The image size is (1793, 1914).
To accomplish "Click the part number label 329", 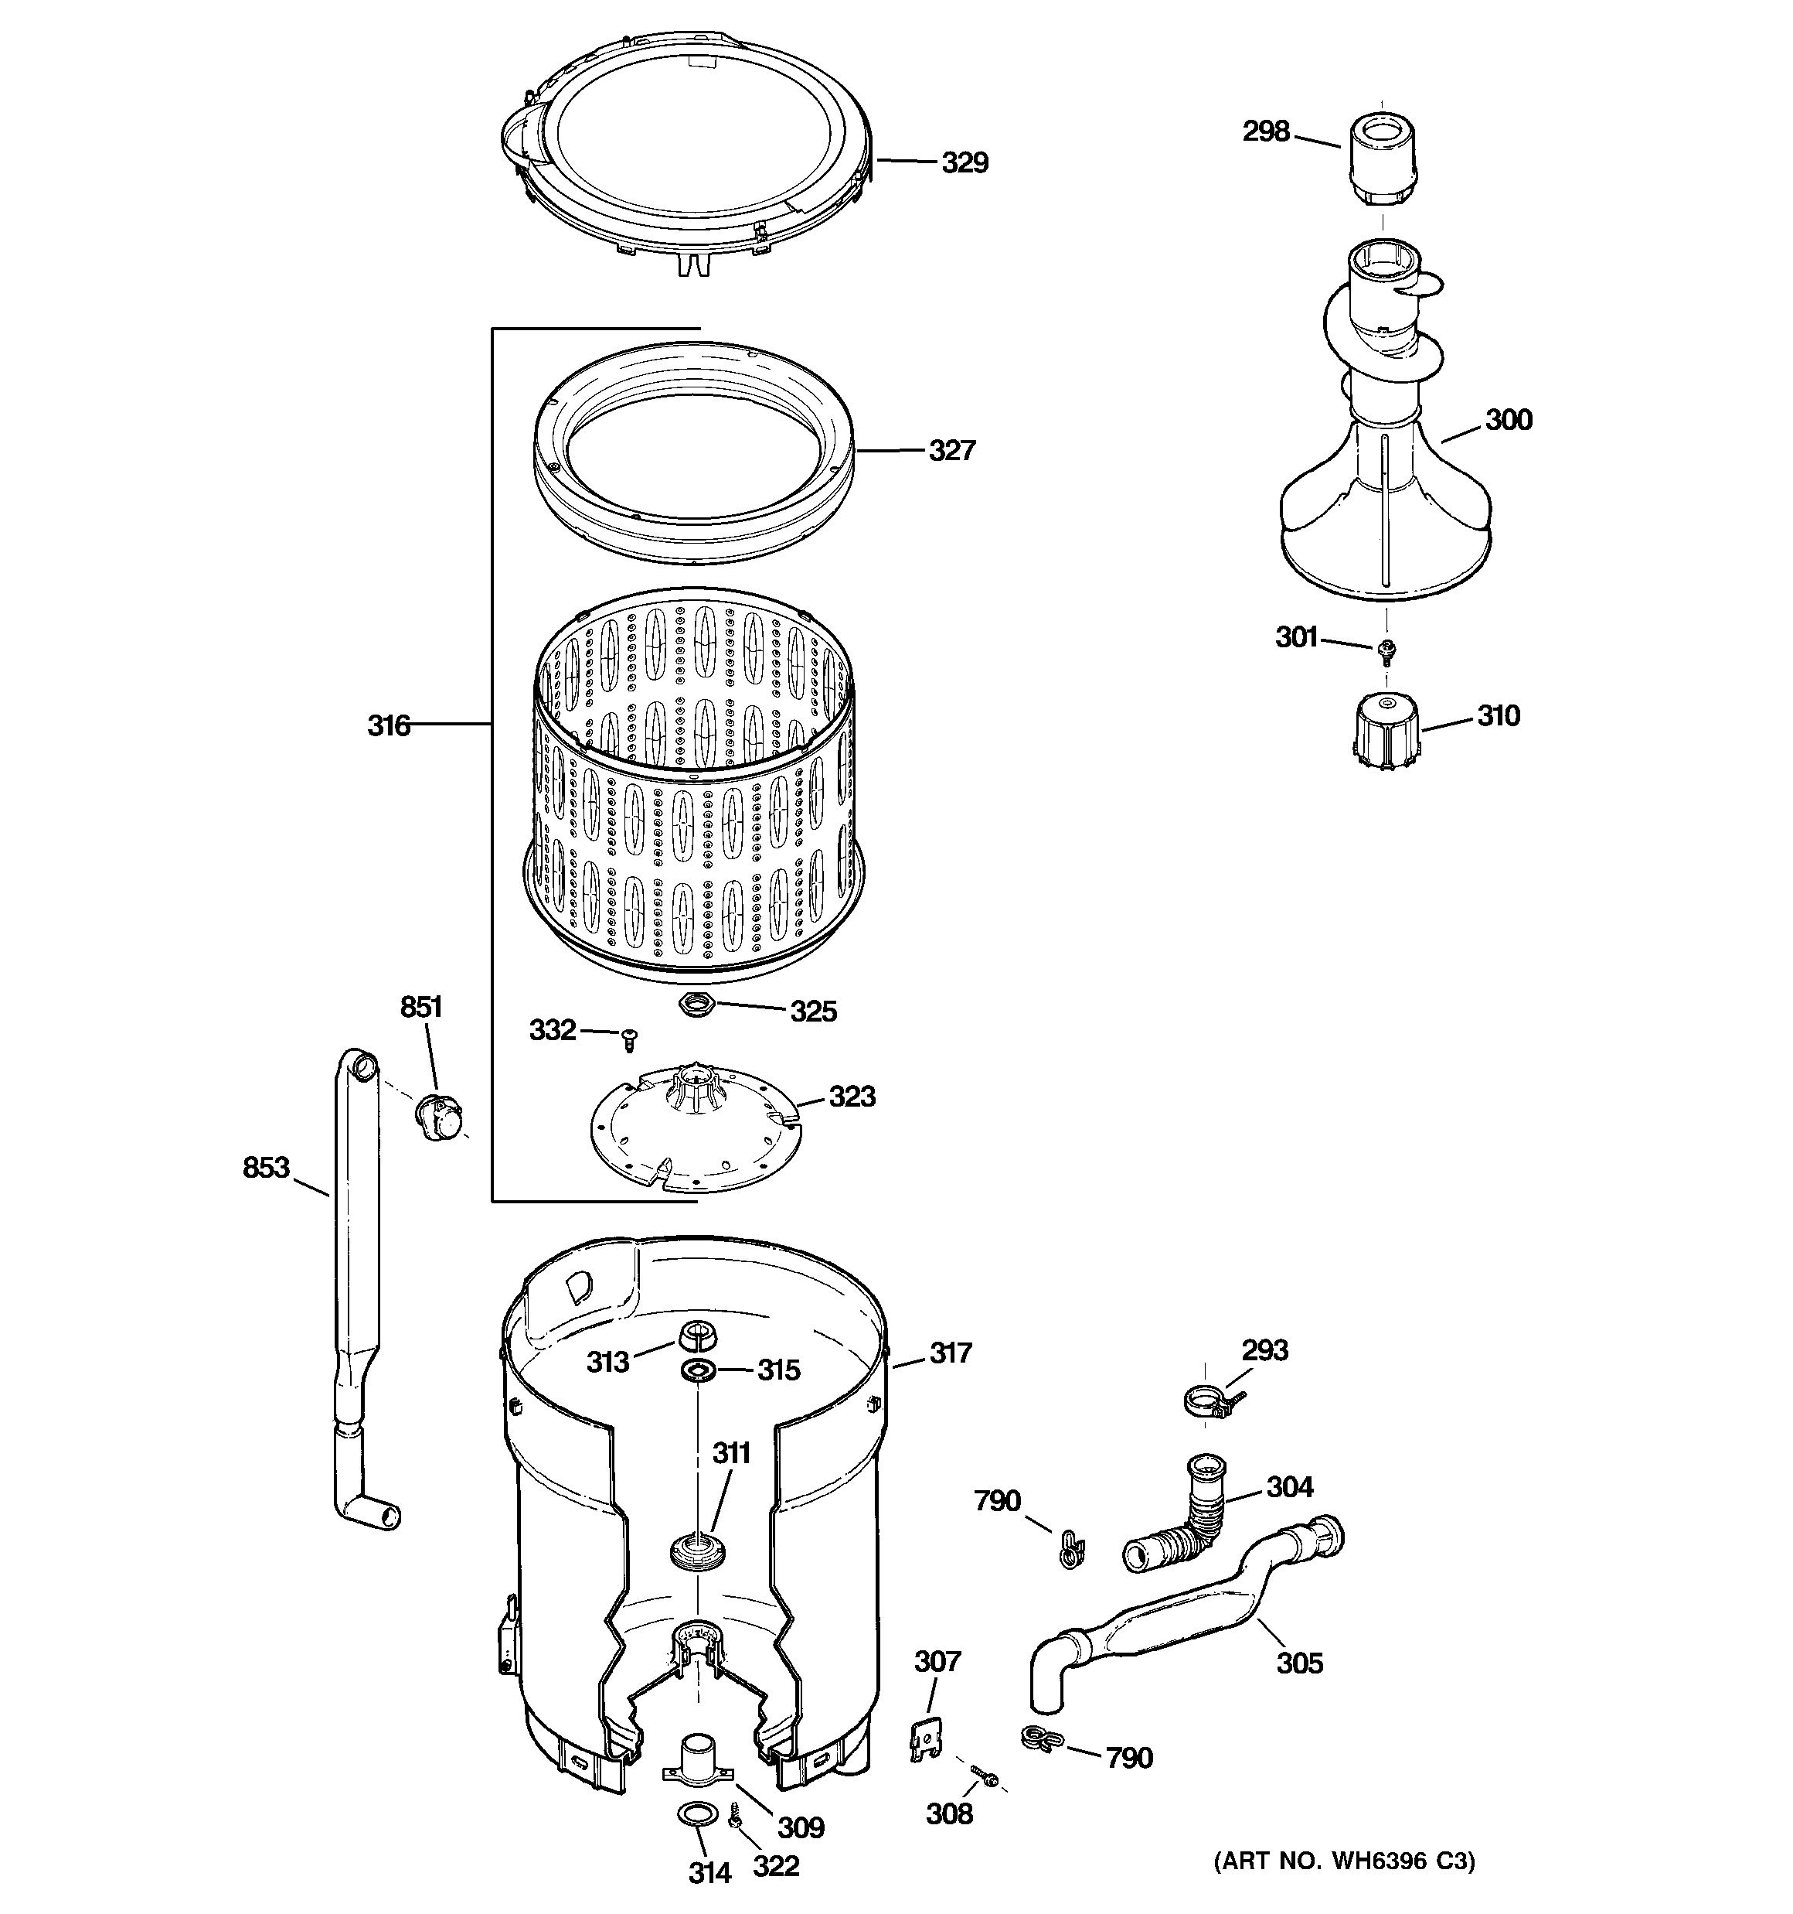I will click(965, 162).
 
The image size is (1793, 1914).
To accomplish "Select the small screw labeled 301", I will click(1386, 652).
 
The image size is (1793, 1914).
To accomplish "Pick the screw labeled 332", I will click(631, 1039).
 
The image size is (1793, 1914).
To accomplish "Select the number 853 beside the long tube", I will click(266, 1168).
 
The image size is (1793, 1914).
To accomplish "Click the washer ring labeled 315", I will click(697, 1370).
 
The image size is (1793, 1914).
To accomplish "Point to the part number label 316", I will click(389, 726).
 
